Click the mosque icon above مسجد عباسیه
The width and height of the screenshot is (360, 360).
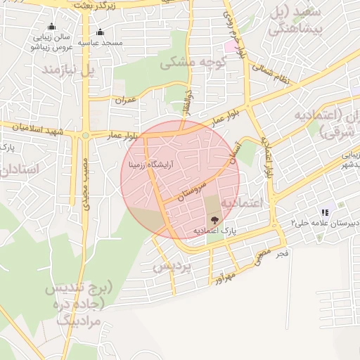tap(101, 32)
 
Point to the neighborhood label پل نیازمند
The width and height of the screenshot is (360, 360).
tap(67, 71)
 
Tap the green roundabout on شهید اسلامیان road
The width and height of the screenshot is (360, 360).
tap(86, 135)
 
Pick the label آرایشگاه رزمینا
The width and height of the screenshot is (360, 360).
tap(152, 165)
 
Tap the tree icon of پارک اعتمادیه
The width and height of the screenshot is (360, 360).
tap(214, 220)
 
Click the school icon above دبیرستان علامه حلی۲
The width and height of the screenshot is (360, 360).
tap(324, 212)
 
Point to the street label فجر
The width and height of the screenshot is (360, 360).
tap(281, 252)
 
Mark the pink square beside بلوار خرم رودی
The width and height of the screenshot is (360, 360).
tap(231, 46)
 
